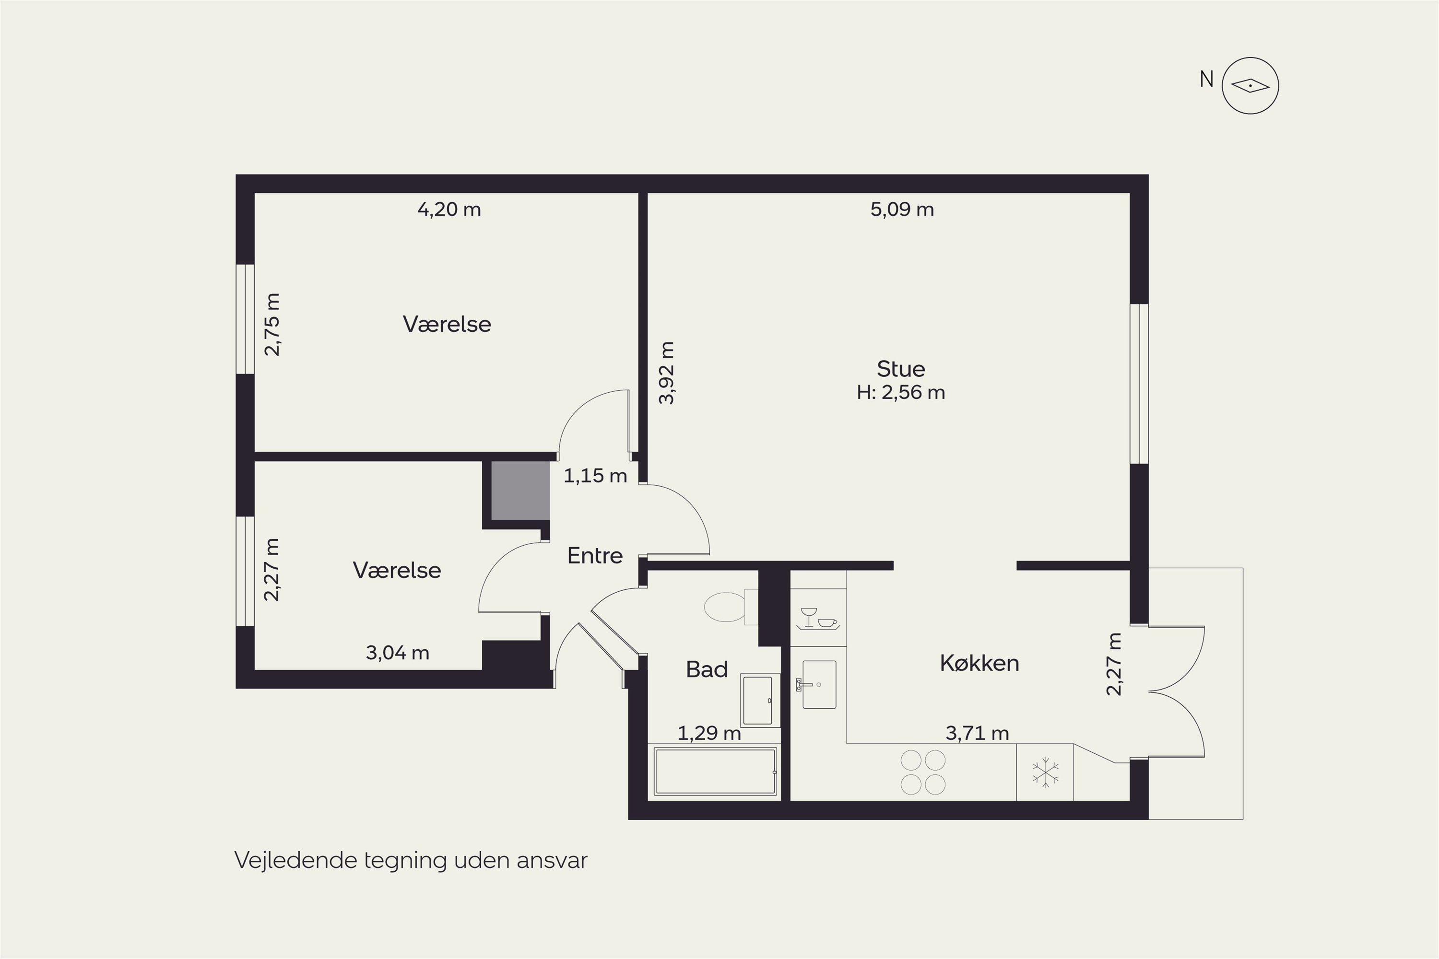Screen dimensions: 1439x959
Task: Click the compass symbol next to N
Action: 1250,86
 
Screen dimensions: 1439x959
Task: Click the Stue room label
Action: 901,369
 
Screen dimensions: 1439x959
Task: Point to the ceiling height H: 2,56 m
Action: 901,393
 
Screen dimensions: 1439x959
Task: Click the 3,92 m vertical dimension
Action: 666,373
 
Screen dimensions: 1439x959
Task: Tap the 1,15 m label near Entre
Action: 595,476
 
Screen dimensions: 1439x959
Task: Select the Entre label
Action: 595,555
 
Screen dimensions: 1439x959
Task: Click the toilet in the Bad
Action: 731,607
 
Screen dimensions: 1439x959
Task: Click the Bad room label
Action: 707,670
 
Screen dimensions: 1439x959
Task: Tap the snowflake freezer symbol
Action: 1045,772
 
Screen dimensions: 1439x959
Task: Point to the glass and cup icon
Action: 818,619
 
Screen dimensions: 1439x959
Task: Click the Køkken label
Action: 979,664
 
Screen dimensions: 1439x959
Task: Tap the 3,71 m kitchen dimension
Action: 977,733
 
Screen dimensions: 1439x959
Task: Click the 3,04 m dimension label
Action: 397,653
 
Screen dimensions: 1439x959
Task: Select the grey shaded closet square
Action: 520,491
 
